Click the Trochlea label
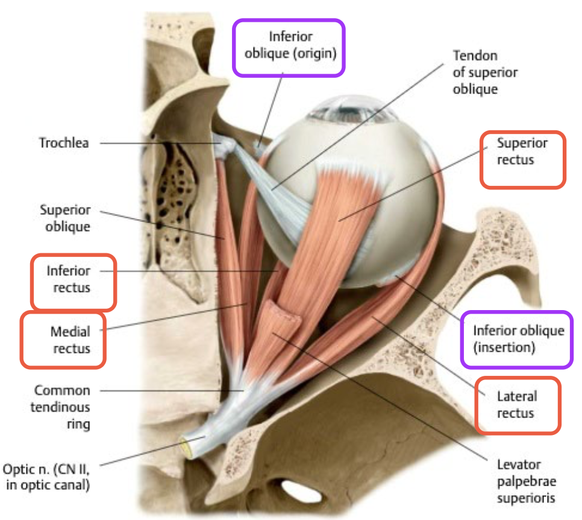63,144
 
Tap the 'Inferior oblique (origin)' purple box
289,48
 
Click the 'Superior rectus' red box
522,160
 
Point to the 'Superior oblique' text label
65,218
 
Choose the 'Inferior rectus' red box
73,280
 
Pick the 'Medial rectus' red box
63,340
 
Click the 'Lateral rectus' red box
517,405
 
